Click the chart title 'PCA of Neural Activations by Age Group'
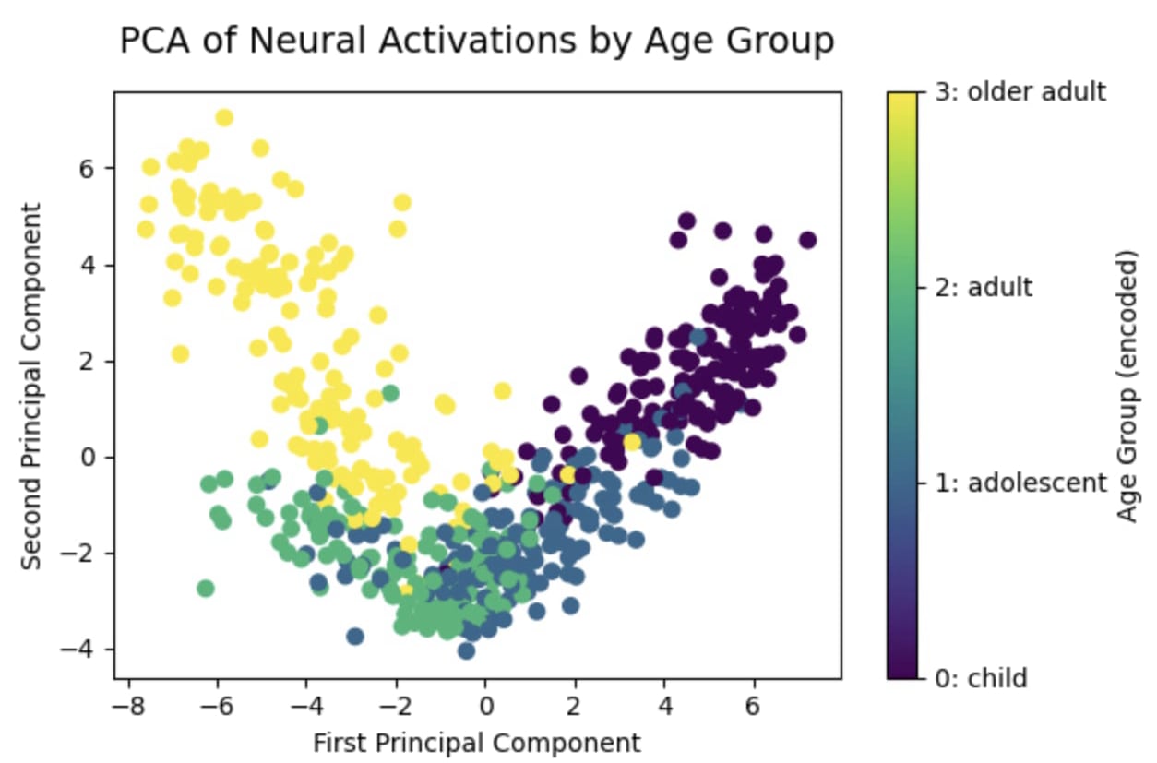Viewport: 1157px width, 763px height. coord(477,42)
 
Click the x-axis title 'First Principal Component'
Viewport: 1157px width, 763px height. coord(476,743)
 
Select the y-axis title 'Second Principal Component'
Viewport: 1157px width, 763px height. coord(31,386)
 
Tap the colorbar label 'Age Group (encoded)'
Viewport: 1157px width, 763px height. coord(1127,386)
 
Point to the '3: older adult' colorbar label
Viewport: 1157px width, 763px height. coord(1020,92)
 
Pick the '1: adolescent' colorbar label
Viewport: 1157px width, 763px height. coord(1020,483)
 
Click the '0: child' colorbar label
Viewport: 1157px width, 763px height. coord(981,679)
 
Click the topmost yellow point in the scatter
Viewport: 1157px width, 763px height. coord(224,117)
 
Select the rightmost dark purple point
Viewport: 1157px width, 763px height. coord(807,240)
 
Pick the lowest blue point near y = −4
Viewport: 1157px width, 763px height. coord(466,650)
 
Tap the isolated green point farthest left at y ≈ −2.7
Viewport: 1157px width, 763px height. coord(206,588)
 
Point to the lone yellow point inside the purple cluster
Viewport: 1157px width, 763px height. coord(632,442)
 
